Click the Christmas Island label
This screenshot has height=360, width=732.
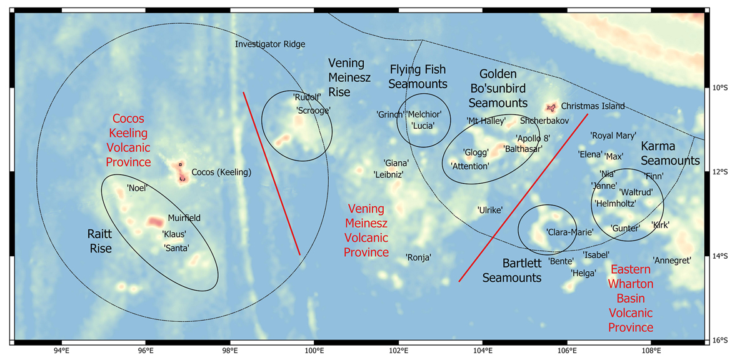tap(593, 106)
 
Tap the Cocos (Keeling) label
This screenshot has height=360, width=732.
tap(221, 172)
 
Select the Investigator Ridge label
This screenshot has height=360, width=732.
tap(270, 44)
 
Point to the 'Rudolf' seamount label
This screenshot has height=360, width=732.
tap(307, 97)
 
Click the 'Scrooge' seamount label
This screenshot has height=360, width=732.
tap(313, 110)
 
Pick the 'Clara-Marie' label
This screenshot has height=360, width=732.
tap(569, 232)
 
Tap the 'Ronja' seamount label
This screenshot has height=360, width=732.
tap(419, 256)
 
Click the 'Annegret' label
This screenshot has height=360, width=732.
tap(672, 260)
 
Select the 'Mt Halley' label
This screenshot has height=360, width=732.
tap(486, 121)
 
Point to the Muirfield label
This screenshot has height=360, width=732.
tap(184, 218)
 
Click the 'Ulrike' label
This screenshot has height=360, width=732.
tap(490, 210)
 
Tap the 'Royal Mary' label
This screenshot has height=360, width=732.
tap(613, 135)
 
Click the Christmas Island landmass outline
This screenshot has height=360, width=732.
tap(551, 108)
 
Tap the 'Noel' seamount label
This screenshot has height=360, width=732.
tap(136, 187)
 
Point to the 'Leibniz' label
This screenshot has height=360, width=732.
tap(388, 174)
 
